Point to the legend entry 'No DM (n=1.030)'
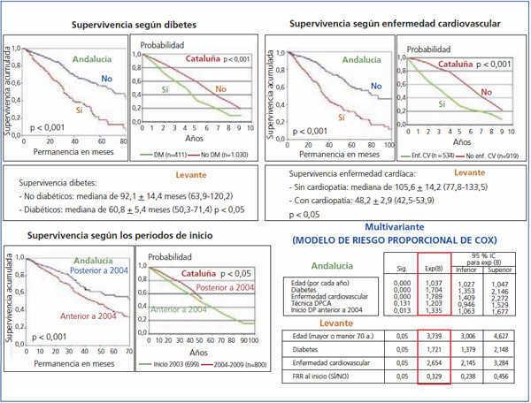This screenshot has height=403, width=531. pos(224,155)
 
